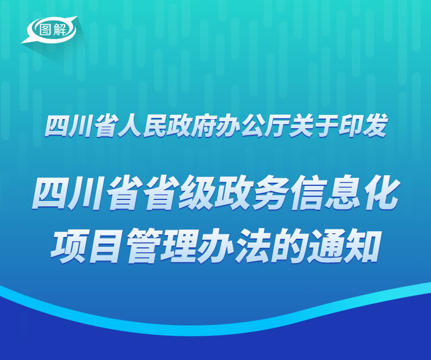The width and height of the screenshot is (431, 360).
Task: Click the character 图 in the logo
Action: tap(45, 29)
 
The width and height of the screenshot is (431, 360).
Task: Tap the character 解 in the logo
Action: tap(60, 29)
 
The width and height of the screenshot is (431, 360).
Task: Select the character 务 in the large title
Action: tap(268, 193)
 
